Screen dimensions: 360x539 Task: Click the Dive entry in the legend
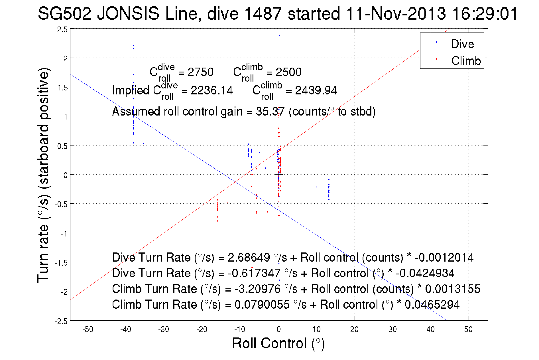pos(462,44)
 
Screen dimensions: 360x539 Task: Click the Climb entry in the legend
pos(466,61)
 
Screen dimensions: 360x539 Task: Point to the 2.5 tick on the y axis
pos(62,29)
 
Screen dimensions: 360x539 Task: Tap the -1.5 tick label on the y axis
pos(61,263)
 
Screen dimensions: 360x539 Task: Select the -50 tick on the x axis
pos(88,329)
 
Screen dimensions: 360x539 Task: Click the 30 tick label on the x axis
pos(392,329)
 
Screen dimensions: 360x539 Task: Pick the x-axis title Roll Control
pos(278,343)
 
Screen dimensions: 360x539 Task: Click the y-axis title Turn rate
pos(43,175)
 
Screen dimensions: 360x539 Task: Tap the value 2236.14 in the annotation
pos(211,90)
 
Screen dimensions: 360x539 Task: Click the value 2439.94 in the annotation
pos(316,90)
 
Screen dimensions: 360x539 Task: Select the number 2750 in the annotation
pos(200,72)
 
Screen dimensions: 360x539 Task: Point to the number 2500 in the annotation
pos(288,72)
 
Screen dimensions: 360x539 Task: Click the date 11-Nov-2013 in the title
pos(396,13)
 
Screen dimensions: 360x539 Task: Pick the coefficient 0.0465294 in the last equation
pos(432,305)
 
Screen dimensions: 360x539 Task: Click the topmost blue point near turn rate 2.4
pos(279,35)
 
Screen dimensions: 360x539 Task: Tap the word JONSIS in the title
pos(128,13)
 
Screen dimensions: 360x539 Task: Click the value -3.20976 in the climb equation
pos(257,289)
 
